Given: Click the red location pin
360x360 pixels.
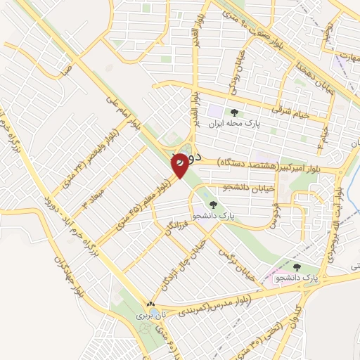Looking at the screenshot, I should (181, 165).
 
